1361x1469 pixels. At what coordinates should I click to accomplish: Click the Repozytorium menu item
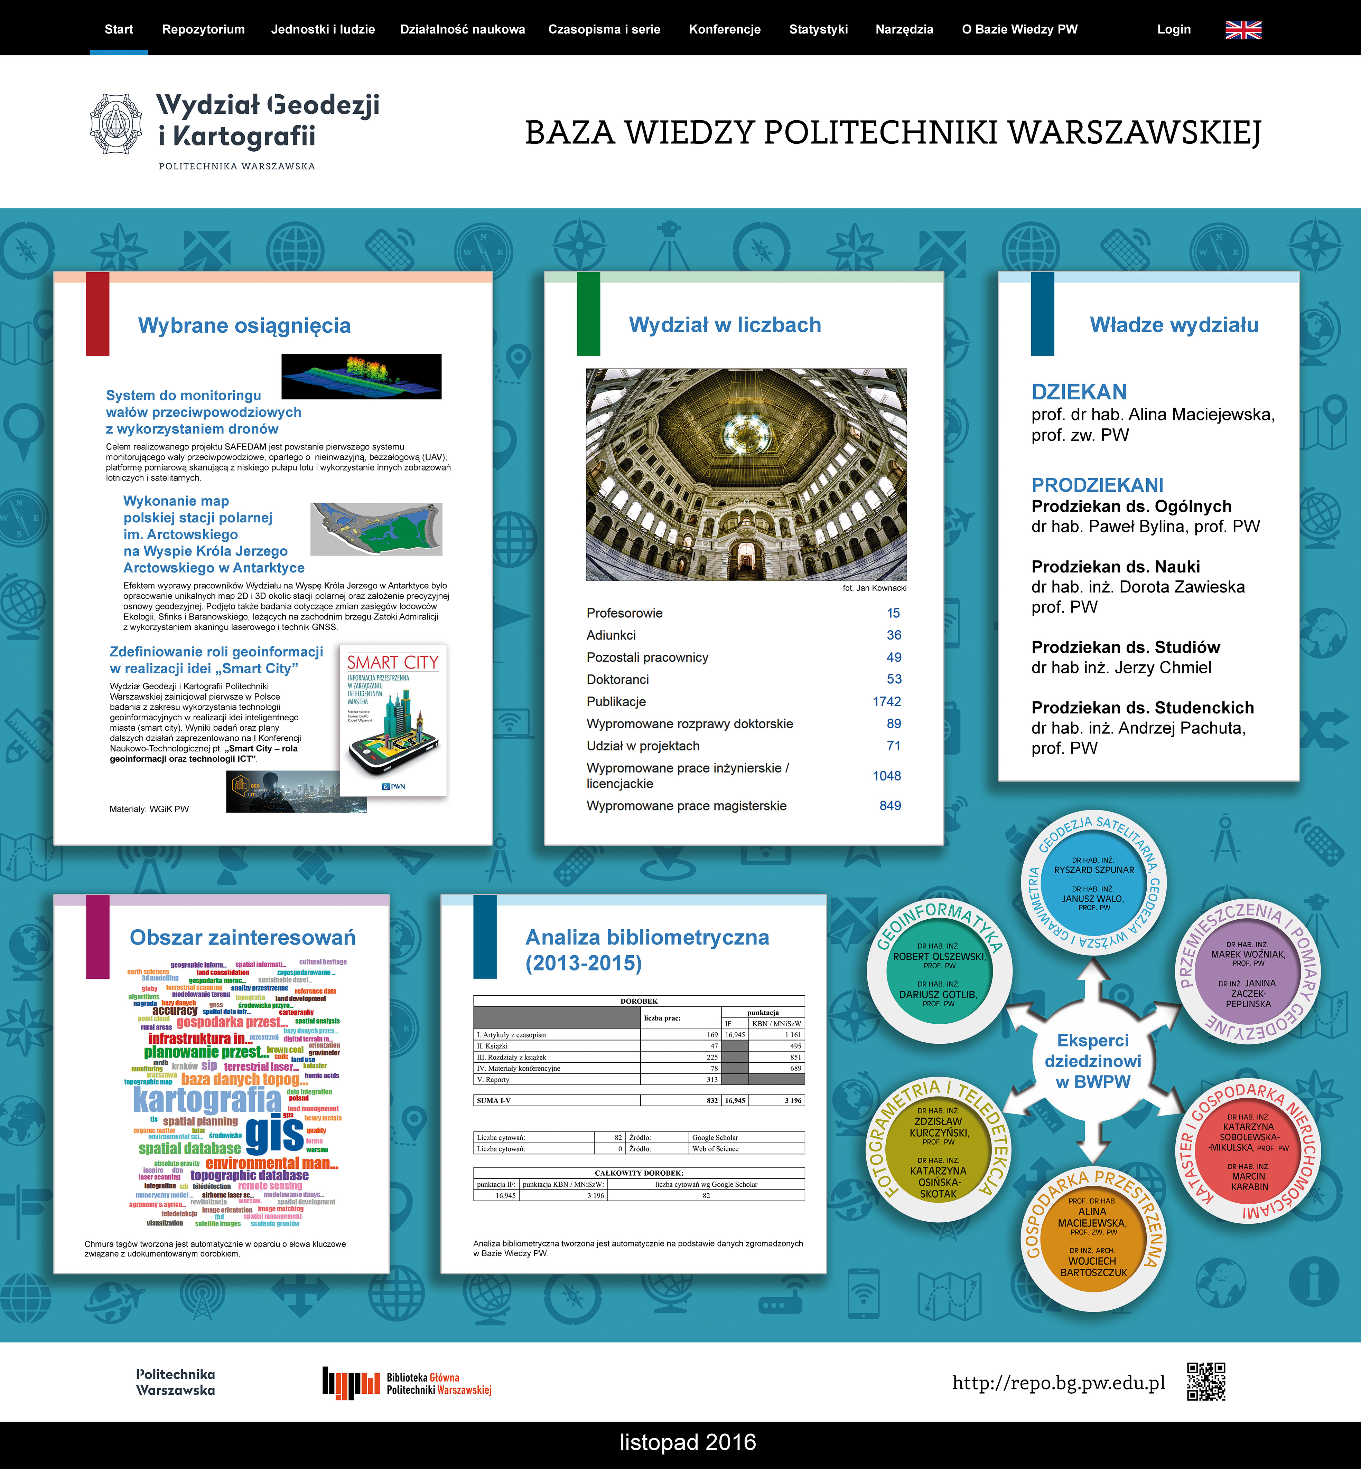(203, 29)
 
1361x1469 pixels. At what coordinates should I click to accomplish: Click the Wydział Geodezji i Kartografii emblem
(115, 124)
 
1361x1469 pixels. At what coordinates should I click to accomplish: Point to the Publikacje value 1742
(887, 701)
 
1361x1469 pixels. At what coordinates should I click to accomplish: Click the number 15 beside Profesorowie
(893, 613)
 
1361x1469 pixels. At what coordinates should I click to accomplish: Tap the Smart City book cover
(393, 720)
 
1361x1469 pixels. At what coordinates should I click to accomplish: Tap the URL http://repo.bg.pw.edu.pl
(1058, 1383)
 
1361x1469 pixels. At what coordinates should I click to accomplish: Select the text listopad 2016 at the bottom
(688, 1442)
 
